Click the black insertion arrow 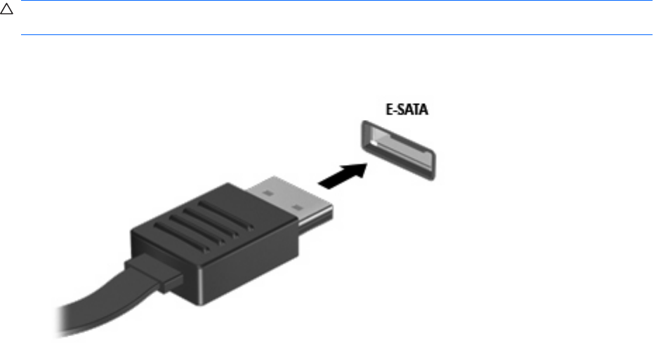click(x=343, y=175)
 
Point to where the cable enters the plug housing click(x=151, y=273)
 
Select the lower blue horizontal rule click(x=336, y=34)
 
